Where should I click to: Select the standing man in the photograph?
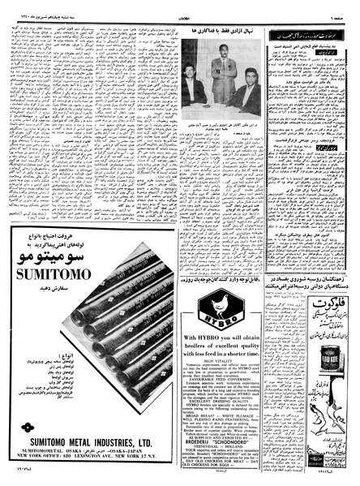pyautogui.click(x=220, y=77)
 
